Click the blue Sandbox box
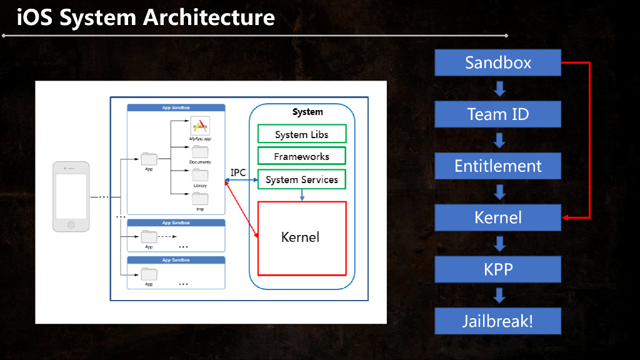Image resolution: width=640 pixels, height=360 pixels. coord(497,62)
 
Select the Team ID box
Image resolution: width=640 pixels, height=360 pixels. coord(497,114)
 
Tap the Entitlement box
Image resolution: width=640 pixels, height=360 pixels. coord(497,166)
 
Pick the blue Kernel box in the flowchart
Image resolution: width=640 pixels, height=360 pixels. coord(497,217)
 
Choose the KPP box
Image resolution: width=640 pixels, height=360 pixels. coord(497,269)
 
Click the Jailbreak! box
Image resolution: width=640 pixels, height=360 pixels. coord(497,321)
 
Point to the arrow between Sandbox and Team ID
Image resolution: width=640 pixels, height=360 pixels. coord(499,88)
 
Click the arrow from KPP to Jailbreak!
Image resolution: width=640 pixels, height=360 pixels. coord(499,295)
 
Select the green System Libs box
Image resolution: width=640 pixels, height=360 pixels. coord(301,134)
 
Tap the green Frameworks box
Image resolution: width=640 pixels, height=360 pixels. coord(301,156)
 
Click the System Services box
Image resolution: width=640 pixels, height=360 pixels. coord(301,179)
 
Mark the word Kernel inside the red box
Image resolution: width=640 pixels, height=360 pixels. coord(300,237)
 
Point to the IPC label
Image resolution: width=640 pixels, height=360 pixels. coord(238,172)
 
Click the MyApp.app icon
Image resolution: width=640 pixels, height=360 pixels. coord(200,125)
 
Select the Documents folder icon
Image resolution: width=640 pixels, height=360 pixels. coord(200,152)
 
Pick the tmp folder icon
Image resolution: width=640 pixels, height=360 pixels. coord(200,199)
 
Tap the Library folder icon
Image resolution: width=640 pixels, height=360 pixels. coord(200,175)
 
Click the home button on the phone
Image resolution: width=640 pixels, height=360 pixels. coord(71,225)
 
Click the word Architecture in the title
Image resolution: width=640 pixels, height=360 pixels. coord(209,17)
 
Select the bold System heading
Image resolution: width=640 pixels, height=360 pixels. coord(307,112)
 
